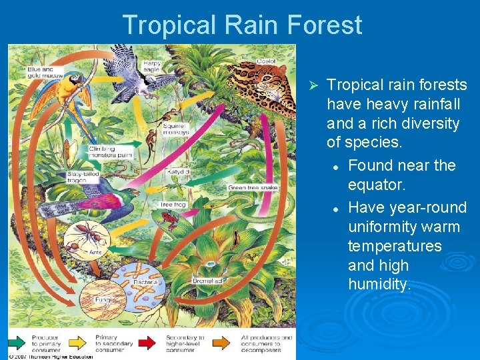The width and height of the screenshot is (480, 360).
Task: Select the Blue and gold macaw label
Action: click(x=44, y=72)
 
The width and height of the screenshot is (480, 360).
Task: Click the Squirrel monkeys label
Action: click(x=175, y=129)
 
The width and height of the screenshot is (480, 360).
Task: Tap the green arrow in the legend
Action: click(x=18, y=344)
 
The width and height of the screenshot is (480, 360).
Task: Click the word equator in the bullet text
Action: click(x=375, y=184)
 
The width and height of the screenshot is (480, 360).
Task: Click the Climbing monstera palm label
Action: click(x=110, y=151)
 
